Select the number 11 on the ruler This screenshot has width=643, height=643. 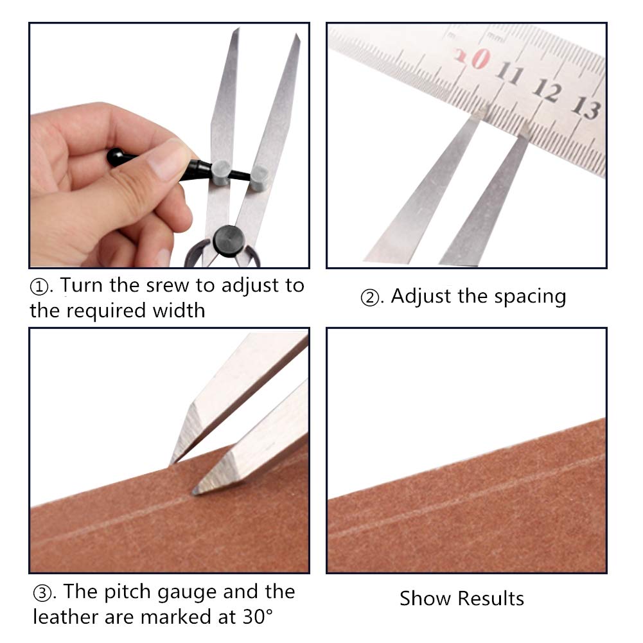point(511,75)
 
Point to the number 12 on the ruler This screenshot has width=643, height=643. point(548,91)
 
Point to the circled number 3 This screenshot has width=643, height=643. point(43,592)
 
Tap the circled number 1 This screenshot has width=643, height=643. point(40,286)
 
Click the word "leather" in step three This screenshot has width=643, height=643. point(69,617)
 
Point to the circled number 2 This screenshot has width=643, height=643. point(371,297)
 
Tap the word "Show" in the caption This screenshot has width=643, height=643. point(423,599)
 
